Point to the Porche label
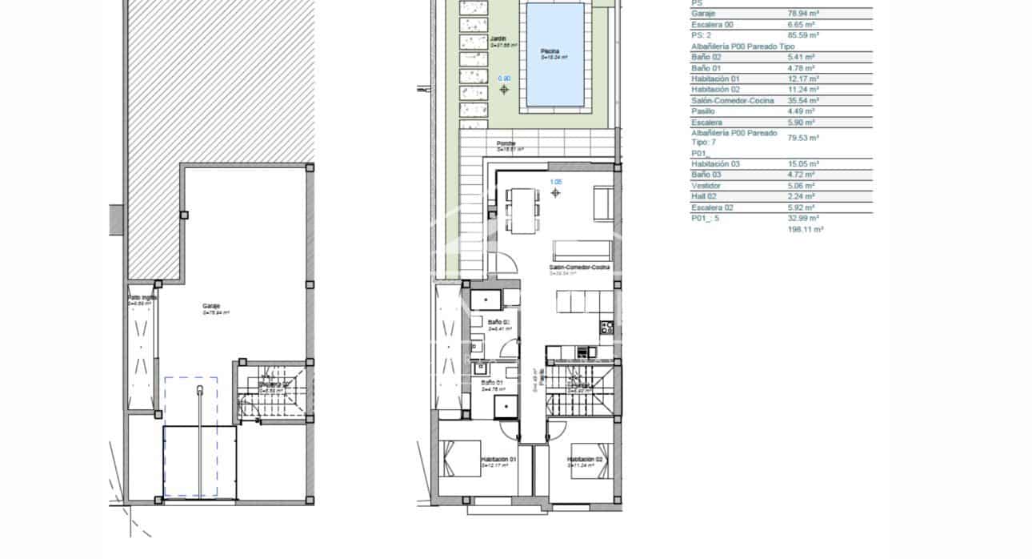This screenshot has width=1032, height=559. click(x=506, y=144)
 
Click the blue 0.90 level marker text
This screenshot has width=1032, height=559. click(x=504, y=78)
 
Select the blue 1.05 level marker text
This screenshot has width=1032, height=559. click(x=556, y=182)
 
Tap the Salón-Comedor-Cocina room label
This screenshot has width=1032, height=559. click(x=579, y=267)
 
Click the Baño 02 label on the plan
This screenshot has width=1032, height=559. click(x=498, y=322)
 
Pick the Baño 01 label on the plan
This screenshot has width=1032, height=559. click(x=491, y=383)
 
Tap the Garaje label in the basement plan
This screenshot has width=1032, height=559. click(x=211, y=306)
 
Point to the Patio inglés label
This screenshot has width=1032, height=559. click(x=142, y=298)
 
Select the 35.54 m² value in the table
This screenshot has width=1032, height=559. click(x=803, y=101)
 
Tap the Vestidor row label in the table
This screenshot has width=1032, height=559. click(x=705, y=186)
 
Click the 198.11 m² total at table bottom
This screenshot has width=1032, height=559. click(x=806, y=229)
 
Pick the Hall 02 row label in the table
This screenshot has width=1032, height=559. click(x=706, y=196)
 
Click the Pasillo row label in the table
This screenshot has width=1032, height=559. click(x=703, y=111)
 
